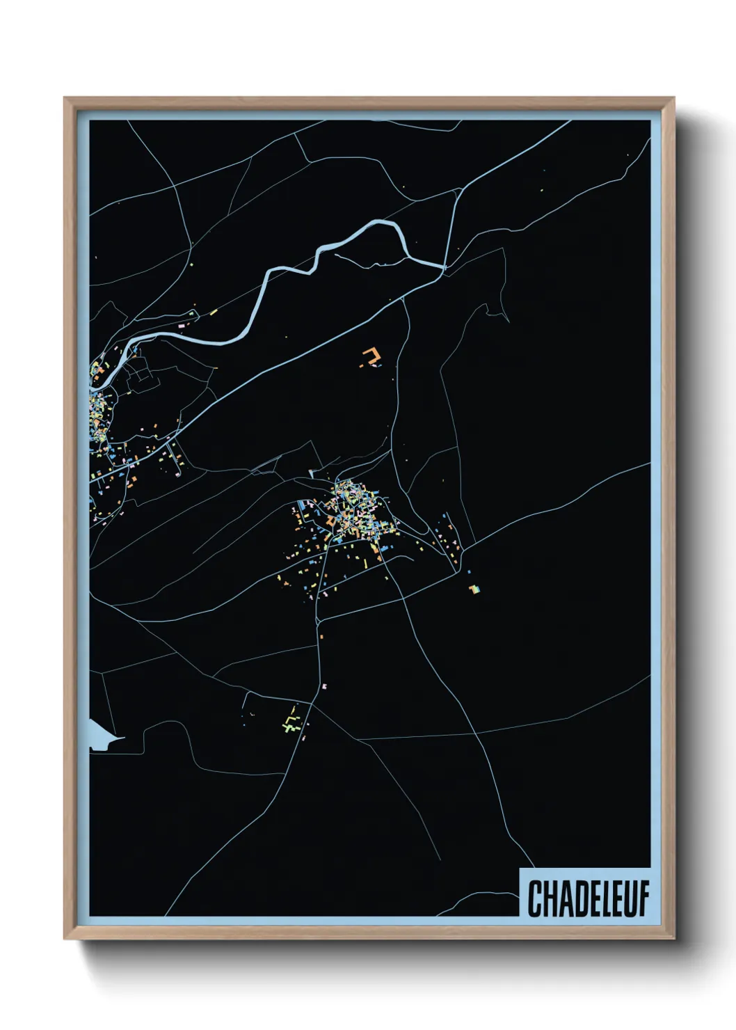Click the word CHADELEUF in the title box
pos(588,898)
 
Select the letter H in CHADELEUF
pos(549,898)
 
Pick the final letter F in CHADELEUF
pos(643,898)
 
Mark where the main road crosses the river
pos(443,267)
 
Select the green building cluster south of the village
pos(291,722)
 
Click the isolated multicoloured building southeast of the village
pos(474,589)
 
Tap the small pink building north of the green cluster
pos(324,686)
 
